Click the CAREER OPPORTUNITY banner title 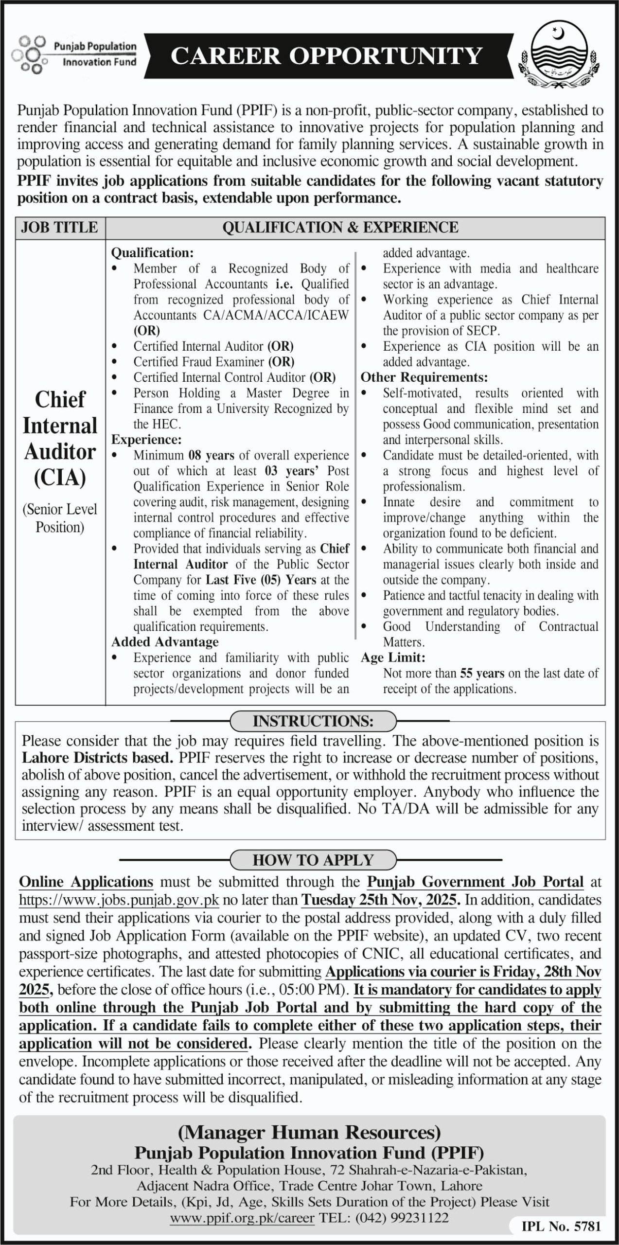click(326, 56)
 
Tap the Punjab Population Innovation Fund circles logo click(29, 54)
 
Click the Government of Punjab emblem click(562, 56)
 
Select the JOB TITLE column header click(60, 228)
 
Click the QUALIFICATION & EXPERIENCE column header click(340, 228)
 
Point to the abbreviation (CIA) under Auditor click(60, 478)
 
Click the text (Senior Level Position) click(60, 518)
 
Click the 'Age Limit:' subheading click(393, 658)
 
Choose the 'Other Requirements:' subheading click(424, 378)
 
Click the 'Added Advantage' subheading click(165, 642)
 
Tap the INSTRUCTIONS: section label click(313, 721)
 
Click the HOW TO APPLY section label click(313, 860)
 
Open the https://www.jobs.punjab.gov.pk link click(119, 900)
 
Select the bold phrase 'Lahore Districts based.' click(98, 758)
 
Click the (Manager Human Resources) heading click(309, 1133)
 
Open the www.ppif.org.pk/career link click(242, 1218)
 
